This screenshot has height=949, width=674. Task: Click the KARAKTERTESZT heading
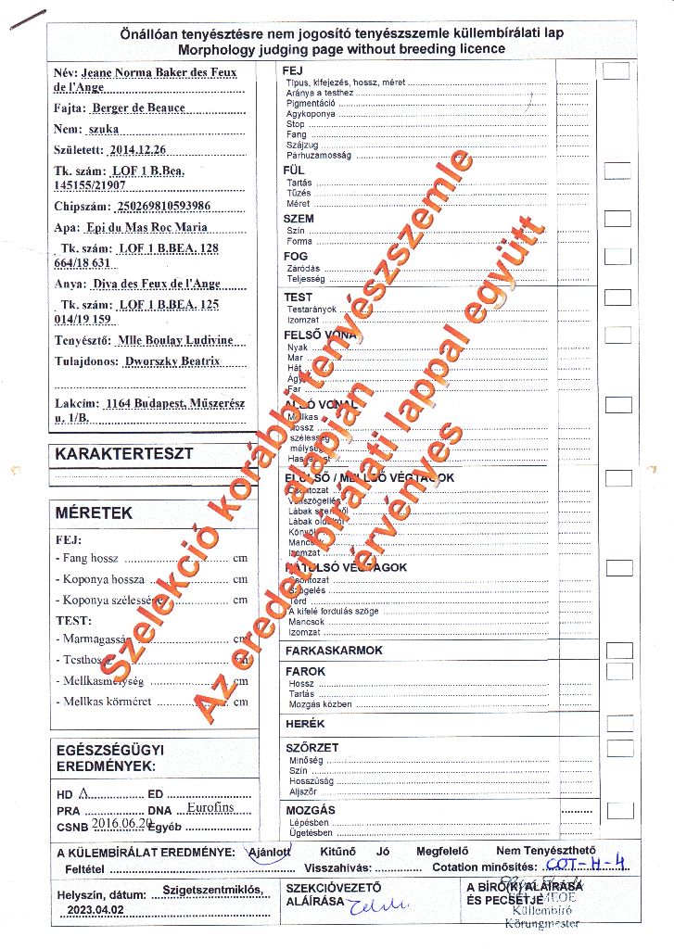123,454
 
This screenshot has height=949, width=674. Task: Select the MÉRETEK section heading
94,512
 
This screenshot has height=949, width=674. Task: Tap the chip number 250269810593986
160,206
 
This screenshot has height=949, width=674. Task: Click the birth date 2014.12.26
138,149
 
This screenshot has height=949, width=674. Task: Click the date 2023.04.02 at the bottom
97,911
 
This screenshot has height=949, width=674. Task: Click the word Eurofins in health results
210,808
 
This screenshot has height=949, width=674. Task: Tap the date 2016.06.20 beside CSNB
121,822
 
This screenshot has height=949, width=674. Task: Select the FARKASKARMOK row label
334,651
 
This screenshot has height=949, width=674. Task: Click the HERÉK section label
305,724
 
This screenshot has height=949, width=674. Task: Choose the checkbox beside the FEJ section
617,71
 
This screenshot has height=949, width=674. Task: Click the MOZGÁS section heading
311,810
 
